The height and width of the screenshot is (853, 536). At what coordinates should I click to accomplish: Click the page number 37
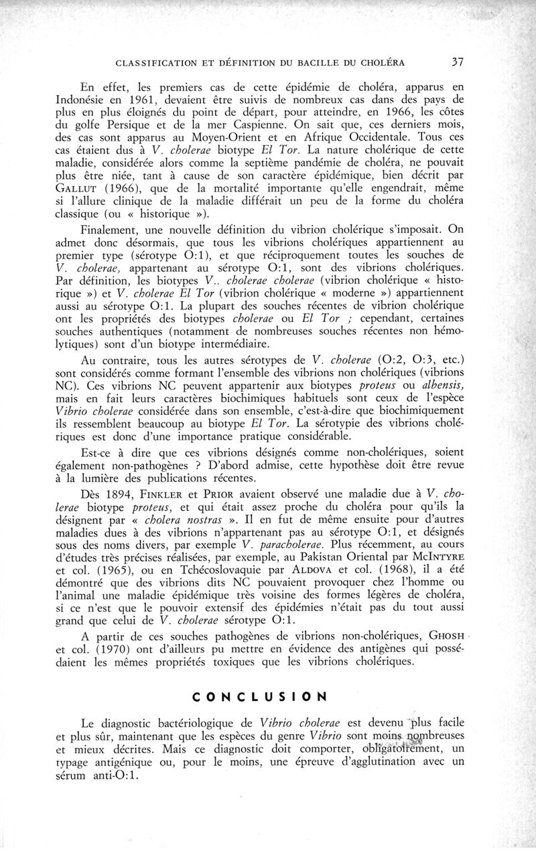[458, 62]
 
